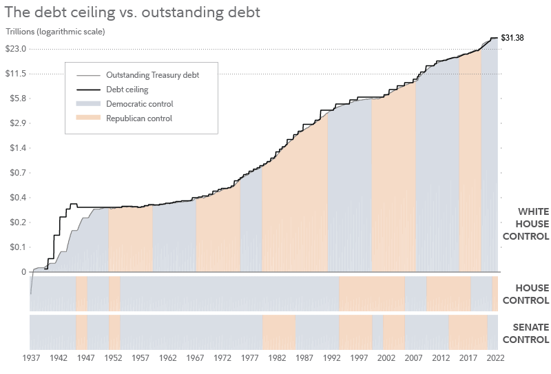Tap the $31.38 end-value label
point(512,38)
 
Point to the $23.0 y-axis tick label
point(16,49)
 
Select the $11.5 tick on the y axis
point(16,74)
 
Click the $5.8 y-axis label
point(17,98)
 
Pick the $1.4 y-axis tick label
point(17,148)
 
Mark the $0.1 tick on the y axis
point(17,247)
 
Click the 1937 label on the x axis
point(31,359)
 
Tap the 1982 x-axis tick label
point(277,359)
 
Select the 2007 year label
point(414,359)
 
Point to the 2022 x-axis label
point(495,359)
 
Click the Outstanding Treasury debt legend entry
point(152,75)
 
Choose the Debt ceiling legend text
point(127,90)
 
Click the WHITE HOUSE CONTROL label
point(525,224)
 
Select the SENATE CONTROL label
point(526,333)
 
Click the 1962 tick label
point(167,359)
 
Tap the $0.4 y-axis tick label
point(17,198)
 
